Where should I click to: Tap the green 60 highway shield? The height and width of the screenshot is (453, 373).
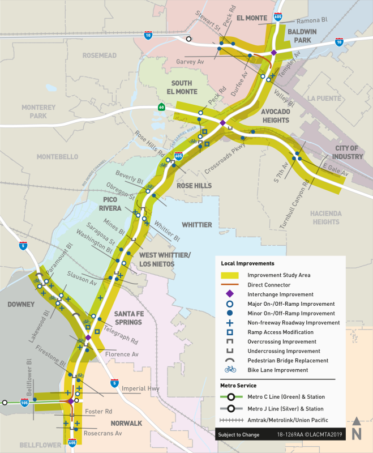pyautogui.click(x=161, y=107)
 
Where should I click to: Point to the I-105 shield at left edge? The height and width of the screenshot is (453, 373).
pyautogui.click(x=24, y=403)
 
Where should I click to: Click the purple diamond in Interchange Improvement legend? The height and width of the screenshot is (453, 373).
pyautogui.click(x=230, y=294)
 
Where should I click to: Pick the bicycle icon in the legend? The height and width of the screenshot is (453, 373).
pyautogui.click(x=230, y=370)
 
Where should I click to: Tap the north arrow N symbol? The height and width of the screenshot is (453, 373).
pyautogui.click(x=357, y=430)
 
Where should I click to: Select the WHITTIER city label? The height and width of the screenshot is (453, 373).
pyautogui.click(x=196, y=225)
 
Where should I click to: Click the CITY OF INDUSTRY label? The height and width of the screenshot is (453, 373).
pyautogui.click(x=348, y=152)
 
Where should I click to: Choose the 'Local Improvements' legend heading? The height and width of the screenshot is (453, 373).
pyautogui.click(x=247, y=263)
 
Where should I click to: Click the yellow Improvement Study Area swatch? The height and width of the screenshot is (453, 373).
pyautogui.click(x=230, y=275)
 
